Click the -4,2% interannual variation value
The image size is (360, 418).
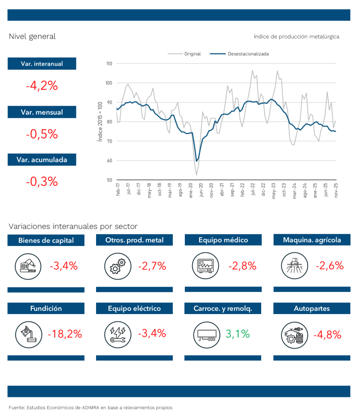pyautogui.click(x=42, y=86)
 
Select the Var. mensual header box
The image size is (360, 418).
pyautogui.click(x=42, y=112)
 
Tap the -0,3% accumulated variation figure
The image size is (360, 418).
pyautogui.click(x=42, y=181)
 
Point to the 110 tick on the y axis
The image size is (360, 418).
pyautogui.click(x=109, y=63)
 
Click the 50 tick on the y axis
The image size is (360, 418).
pyautogui.click(x=109, y=180)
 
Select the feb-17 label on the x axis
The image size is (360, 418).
pyautogui.click(x=118, y=190)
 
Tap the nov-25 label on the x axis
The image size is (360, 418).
pyautogui.click(x=336, y=190)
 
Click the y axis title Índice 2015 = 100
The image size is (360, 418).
pyautogui.click(x=100, y=122)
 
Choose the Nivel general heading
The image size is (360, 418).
pyautogui.click(x=32, y=36)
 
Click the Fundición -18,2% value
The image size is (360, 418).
pyautogui.click(x=64, y=333)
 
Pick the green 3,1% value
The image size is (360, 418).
pyautogui.click(x=238, y=333)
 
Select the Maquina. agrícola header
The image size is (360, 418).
pyautogui.click(x=312, y=240)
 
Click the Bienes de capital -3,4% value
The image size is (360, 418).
pyautogui.click(x=63, y=265)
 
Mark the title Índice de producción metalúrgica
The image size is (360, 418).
pyautogui.click(x=296, y=36)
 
